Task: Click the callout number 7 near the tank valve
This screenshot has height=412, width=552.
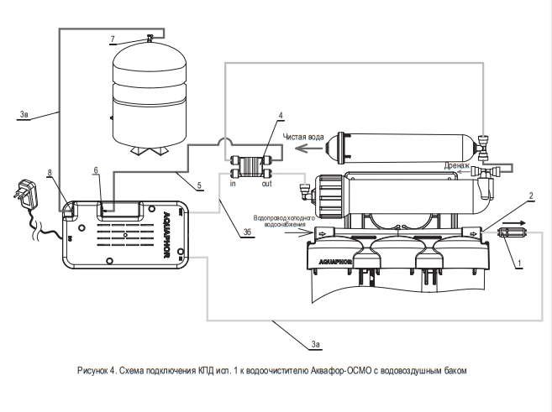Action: pos(113,39)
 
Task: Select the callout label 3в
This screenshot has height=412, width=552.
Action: pos(24,114)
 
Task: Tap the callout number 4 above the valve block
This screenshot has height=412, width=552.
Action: pos(281,115)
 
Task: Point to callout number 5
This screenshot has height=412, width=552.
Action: pos(199,185)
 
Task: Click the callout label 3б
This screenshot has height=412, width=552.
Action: pos(247,232)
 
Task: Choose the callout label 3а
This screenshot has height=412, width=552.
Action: pos(315,344)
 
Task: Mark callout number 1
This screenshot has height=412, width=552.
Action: pos(519,263)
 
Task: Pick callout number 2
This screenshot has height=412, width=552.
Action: pos(531,196)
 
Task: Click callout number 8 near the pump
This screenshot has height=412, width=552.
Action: pos(50,172)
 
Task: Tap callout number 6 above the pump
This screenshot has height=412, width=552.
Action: pos(96,170)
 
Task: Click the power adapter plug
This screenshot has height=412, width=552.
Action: pos(24,193)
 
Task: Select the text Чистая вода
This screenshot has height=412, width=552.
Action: pos(303,137)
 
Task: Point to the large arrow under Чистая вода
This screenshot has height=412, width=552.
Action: pos(308,149)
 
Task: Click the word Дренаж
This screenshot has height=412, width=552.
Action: pos(456,165)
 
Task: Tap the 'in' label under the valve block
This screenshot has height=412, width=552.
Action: pos(233,184)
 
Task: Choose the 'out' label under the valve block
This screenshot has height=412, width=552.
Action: pos(267,184)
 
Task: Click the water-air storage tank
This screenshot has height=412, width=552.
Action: pos(150,96)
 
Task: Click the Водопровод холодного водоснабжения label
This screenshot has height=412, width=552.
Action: pos(284,222)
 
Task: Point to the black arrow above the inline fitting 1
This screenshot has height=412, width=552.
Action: pos(514,223)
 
